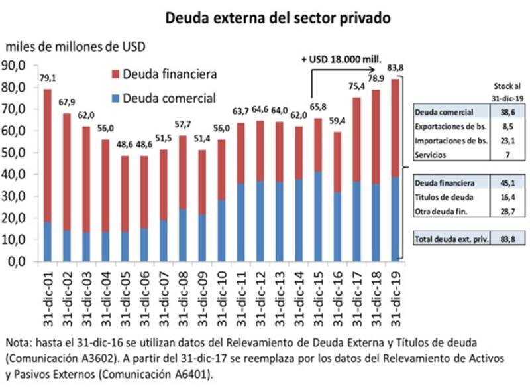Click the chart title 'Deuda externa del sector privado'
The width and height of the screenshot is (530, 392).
pos(278,18)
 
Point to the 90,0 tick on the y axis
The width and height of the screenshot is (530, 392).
pos(15,65)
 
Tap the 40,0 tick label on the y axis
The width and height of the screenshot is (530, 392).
pos(15,174)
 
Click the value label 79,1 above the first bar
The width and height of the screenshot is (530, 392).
pos(48,78)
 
